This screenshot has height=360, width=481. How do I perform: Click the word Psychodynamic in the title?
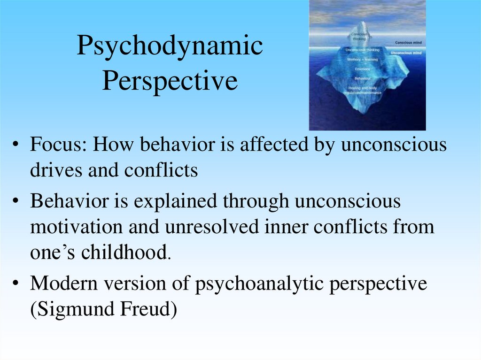tap(170, 47)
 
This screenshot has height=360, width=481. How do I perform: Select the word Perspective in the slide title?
tap(170, 81)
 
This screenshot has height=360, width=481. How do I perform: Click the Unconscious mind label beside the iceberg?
tap(407, 53)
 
